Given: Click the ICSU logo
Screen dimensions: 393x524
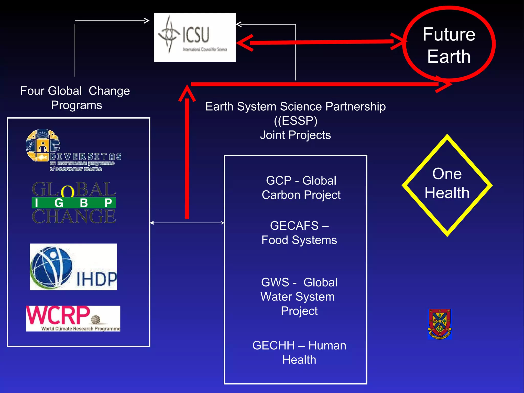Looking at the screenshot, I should point(194,37).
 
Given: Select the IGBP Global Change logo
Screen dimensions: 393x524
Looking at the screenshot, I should point(74,203).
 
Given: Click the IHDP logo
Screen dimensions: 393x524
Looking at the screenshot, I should point(73,267).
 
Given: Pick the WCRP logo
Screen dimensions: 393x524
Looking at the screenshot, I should point(73,318).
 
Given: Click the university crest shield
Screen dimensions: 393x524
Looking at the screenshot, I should point(440,324).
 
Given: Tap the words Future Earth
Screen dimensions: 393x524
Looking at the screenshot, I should point(449,45).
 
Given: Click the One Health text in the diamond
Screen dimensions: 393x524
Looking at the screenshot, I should point(447,183).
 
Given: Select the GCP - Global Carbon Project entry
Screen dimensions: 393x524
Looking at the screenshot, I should point(301,188).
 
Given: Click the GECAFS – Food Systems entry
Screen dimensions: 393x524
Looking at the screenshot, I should point(299,233).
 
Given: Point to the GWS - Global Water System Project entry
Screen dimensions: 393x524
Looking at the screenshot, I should point(299,296).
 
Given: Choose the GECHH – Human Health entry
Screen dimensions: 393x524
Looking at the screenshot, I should point(299,353).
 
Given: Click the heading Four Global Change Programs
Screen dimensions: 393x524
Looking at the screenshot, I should point(75,98).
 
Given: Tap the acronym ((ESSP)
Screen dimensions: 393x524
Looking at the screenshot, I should point(296,121).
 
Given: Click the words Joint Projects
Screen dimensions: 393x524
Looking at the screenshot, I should point(296,135).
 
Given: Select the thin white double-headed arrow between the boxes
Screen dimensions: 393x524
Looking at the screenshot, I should point(187,223).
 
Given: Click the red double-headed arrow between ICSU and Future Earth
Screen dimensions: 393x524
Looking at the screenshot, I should point(320,42).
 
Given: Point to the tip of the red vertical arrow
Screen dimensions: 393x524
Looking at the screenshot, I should point(187,87).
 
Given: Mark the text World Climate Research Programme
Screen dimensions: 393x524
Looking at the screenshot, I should point(81,328).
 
